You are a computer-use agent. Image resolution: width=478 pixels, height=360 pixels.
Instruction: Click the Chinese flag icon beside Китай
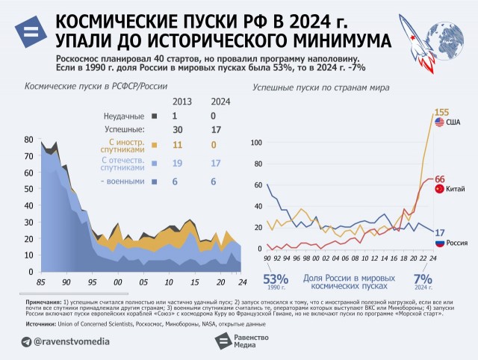[439, 190]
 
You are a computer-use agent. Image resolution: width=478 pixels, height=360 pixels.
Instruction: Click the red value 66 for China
[440, 179]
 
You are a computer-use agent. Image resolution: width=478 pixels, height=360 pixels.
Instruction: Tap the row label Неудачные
[123, 117]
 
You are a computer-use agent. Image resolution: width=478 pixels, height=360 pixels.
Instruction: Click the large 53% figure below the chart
[276, 279]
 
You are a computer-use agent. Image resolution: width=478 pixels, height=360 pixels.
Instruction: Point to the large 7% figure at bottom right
[423, 279]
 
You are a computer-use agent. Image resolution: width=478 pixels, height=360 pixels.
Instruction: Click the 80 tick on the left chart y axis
[28, 140]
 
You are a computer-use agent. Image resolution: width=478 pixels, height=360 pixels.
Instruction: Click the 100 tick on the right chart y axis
[255, 143]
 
